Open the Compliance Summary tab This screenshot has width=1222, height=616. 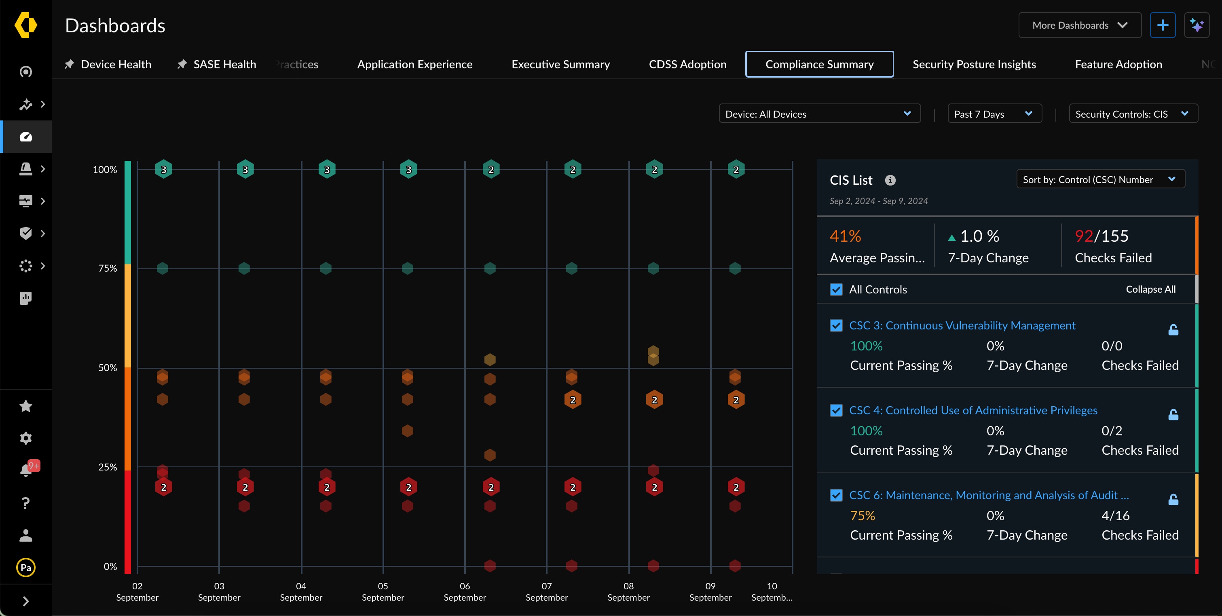[x=819, y=64]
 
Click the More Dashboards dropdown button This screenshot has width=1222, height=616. [x=1079, y=25]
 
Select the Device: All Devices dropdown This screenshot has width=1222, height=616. [x=819, y=114]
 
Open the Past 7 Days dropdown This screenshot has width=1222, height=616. [x=994, y=114]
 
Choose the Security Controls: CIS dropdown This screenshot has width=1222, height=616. [x=1132, y=114]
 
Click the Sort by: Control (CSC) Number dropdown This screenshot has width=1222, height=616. [x=1099, y=179]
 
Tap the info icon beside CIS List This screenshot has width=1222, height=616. [x=890, y=180]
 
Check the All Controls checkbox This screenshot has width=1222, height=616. [x=836, y=289]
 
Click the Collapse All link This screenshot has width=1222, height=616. [x=1150, y=289]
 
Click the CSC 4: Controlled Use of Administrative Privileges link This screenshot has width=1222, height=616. [x=973, y=410]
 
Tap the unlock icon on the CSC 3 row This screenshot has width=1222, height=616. [x=1173, y=329]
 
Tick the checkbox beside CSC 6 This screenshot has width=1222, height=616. [x=836, y=495]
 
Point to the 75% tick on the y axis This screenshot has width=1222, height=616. [x=107, y=268]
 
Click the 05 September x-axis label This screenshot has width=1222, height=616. [x=383, y=591]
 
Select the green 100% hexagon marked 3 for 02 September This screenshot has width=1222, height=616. [x=164, y=169]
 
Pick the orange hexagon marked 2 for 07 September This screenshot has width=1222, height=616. [x=573, y=400]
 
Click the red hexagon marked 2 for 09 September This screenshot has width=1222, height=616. [x=736, y=487]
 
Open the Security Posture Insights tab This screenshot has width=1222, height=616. [x=974, y=64]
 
